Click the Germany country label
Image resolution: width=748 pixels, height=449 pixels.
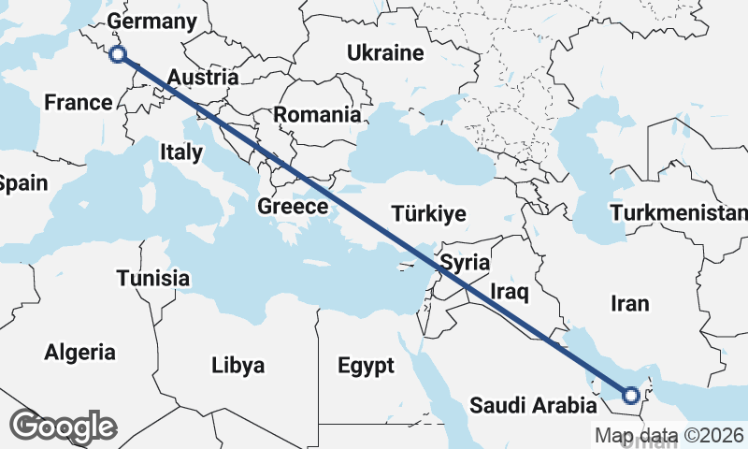click(x=152, y=22)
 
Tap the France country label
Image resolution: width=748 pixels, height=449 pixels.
click(x=79, y=102)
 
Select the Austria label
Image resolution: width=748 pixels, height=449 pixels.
click(x=202, y=78)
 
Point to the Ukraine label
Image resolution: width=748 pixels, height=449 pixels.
click(x=385, y=53)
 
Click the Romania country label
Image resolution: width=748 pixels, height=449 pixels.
click(x=317, y=115)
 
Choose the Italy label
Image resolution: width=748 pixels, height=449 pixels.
click(x=180, y=152)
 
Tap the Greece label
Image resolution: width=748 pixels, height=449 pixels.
click(x=292, y=207)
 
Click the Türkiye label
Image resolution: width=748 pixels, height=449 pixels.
click(x=429, y=213)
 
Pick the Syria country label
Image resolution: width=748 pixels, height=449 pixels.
click(x=466, y=262)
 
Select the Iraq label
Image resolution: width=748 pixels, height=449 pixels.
click(x=510, y=294)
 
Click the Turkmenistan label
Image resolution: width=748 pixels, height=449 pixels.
click(x=678, y=213)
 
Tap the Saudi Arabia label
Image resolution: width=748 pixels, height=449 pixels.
click(x=532, y=406)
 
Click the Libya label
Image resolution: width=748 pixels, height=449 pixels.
click(x=237, y=364)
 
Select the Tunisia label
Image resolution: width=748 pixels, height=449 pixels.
click(x=153, y=278)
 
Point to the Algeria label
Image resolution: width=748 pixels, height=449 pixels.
click(x=80, y=353)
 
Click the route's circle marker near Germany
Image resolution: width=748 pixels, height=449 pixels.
click(x=118, y=54)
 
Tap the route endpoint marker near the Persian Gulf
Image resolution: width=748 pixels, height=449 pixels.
click(x=630, y=396)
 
